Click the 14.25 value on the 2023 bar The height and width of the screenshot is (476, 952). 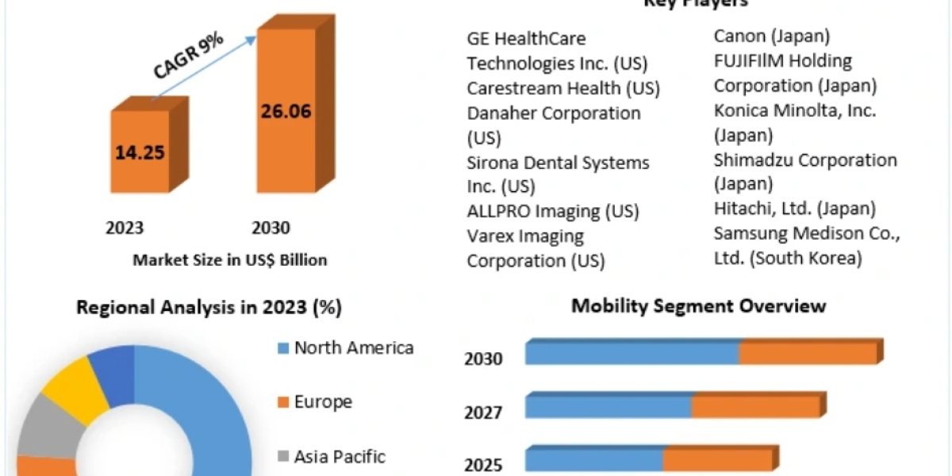140,152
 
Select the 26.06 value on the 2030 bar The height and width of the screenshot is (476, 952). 286,110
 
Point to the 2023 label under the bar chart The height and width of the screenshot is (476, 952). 125,228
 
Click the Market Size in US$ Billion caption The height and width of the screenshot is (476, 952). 230,259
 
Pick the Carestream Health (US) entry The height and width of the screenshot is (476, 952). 563,88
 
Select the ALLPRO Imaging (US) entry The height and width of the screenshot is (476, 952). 553,211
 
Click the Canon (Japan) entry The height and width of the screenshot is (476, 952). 772,36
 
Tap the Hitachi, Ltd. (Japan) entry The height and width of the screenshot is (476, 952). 795,209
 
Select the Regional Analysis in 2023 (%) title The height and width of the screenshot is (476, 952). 209,308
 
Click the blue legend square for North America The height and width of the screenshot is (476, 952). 283,348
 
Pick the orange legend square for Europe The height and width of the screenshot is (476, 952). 283,402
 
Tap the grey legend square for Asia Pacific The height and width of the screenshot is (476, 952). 283,457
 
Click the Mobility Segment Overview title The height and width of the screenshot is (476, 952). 699,305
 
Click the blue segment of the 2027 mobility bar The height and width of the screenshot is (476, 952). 608,407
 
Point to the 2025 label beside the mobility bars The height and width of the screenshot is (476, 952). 483,464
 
